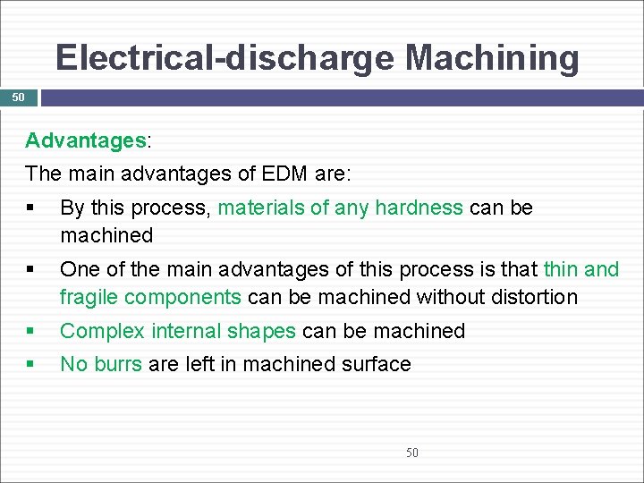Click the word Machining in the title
pos(492,59)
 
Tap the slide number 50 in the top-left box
pos(18,97)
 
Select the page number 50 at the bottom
pos(411,453)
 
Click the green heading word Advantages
pos(86,140)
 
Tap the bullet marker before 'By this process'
pos(30,208)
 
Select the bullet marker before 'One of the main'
pos(30,269)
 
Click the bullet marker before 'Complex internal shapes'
pos(30,331)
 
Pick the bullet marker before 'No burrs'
pos(30,364)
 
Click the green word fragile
pos(89,297)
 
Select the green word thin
pos(561,269)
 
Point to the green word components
pos(183,297)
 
